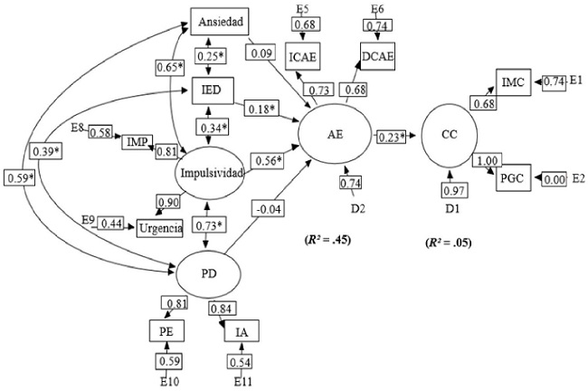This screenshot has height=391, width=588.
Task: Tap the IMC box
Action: click(x=513, y=82)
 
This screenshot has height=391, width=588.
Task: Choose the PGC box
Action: click(x=514, y=178)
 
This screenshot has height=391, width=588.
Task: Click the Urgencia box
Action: click(x=159, y=227)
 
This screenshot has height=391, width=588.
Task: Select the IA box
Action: click(x=242, y=333)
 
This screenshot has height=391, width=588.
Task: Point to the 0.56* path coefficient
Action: click(x=269, y=160)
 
